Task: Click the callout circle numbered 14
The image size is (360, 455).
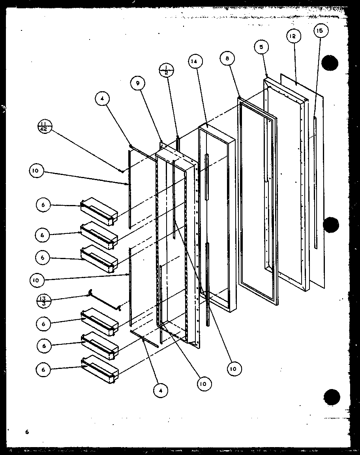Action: point(196,62)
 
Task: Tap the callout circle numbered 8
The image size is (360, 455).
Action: point(228,58)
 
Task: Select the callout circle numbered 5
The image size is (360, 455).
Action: point(261,47)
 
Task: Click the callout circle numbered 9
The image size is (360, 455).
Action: point(138,83)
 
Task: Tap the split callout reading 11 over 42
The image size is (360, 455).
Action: point(45,128)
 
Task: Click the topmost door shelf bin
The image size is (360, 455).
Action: point(99,211)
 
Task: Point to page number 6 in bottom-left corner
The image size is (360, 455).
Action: point(27,432)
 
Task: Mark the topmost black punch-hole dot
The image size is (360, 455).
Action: point(330,63)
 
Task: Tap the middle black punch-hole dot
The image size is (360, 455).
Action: point(331,225)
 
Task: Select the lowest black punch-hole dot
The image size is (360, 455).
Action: point(331,396)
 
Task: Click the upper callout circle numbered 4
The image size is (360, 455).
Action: point(102,100)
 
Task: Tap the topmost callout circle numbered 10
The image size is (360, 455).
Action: point(36,171)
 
